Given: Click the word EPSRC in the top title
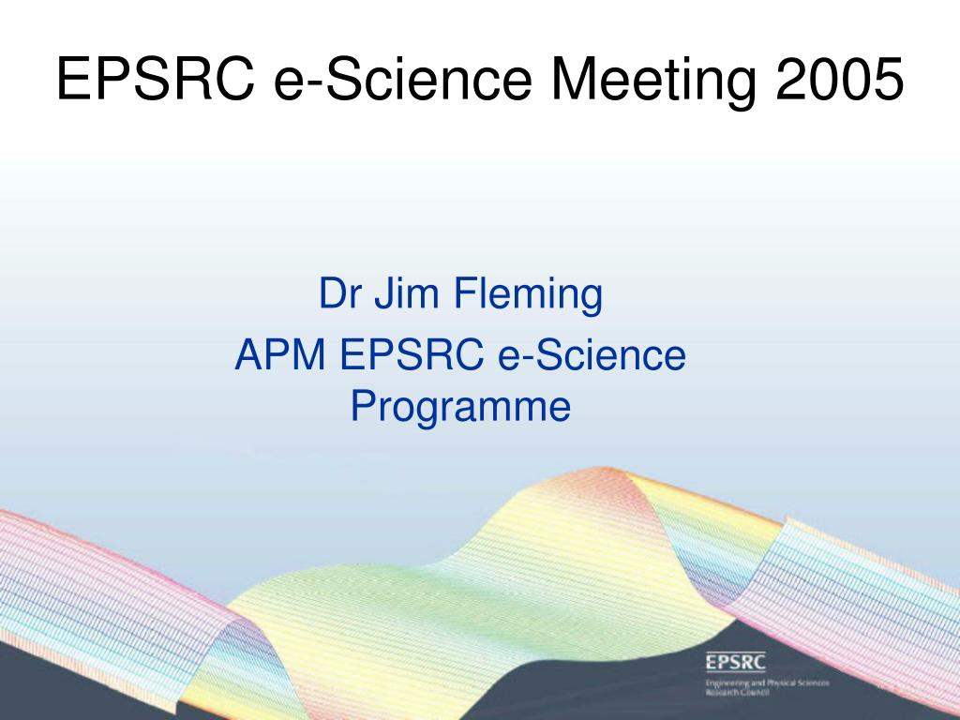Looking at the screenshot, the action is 156,79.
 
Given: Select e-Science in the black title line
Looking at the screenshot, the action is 403,79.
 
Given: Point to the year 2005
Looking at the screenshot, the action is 839,79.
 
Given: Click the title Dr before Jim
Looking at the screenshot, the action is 339,292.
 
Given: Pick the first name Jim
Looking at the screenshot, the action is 407,292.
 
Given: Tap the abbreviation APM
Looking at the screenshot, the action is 279,354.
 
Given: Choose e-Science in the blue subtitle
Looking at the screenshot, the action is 592,354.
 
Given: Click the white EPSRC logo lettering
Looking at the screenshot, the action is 735,662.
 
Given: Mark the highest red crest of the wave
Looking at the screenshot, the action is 603,470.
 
